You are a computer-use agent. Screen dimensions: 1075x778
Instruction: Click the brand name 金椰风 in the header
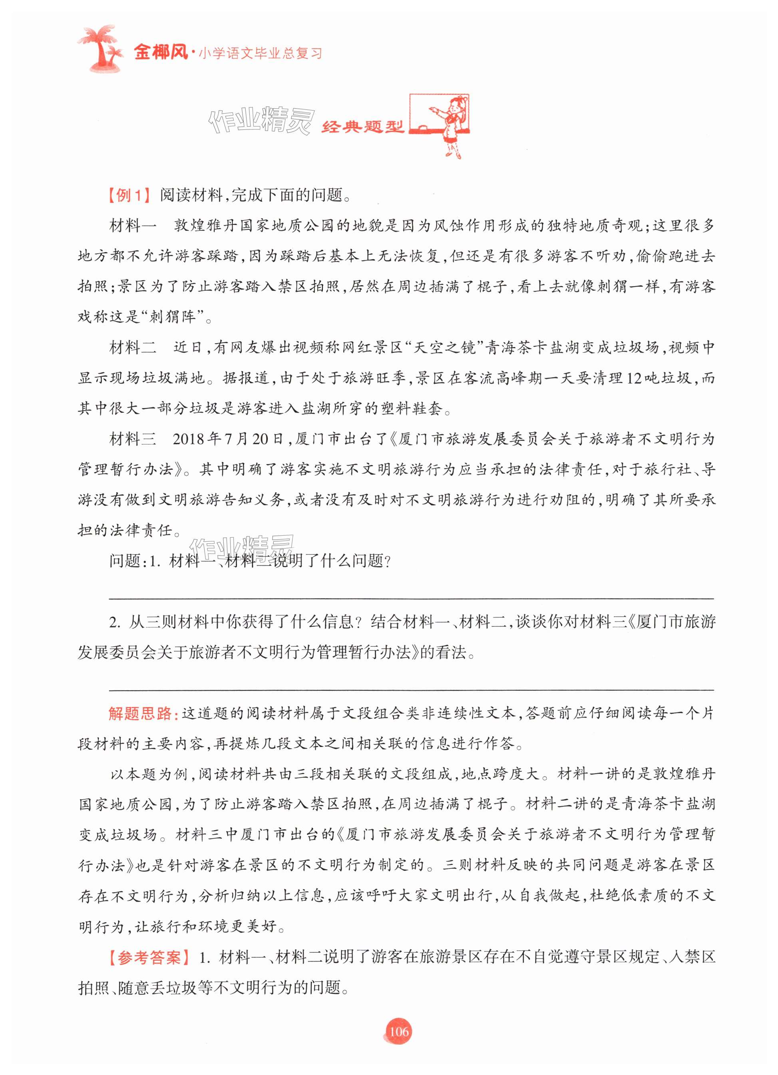[x=161, y=52]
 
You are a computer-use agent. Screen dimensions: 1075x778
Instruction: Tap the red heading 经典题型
[x=362, y=127]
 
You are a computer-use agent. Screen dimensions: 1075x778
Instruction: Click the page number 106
[x=398, y=1031]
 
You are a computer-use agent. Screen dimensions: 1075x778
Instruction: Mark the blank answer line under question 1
[x=412, y=599]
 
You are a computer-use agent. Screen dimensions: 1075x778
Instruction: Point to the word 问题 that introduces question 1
[x=124, y=561]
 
